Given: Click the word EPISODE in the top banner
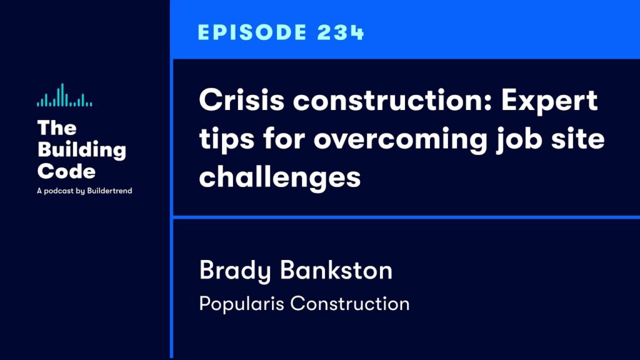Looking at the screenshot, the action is (x=252, y=32).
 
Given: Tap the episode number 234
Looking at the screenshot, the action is (x=340, y=32).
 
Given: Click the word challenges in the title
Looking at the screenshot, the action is (x=280, y=177).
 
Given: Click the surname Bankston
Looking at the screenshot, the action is (x=336, y=270).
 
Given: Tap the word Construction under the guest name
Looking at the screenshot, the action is (x=350, y=304).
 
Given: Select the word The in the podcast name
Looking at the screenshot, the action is (x=57, y=127).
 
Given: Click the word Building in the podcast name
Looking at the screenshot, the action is (x=82, y=150).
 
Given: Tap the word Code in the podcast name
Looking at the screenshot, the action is (x=66, y=171).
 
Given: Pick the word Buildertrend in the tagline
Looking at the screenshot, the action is (x=109, y=191).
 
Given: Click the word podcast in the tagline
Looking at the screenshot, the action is (x=59, y=191).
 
